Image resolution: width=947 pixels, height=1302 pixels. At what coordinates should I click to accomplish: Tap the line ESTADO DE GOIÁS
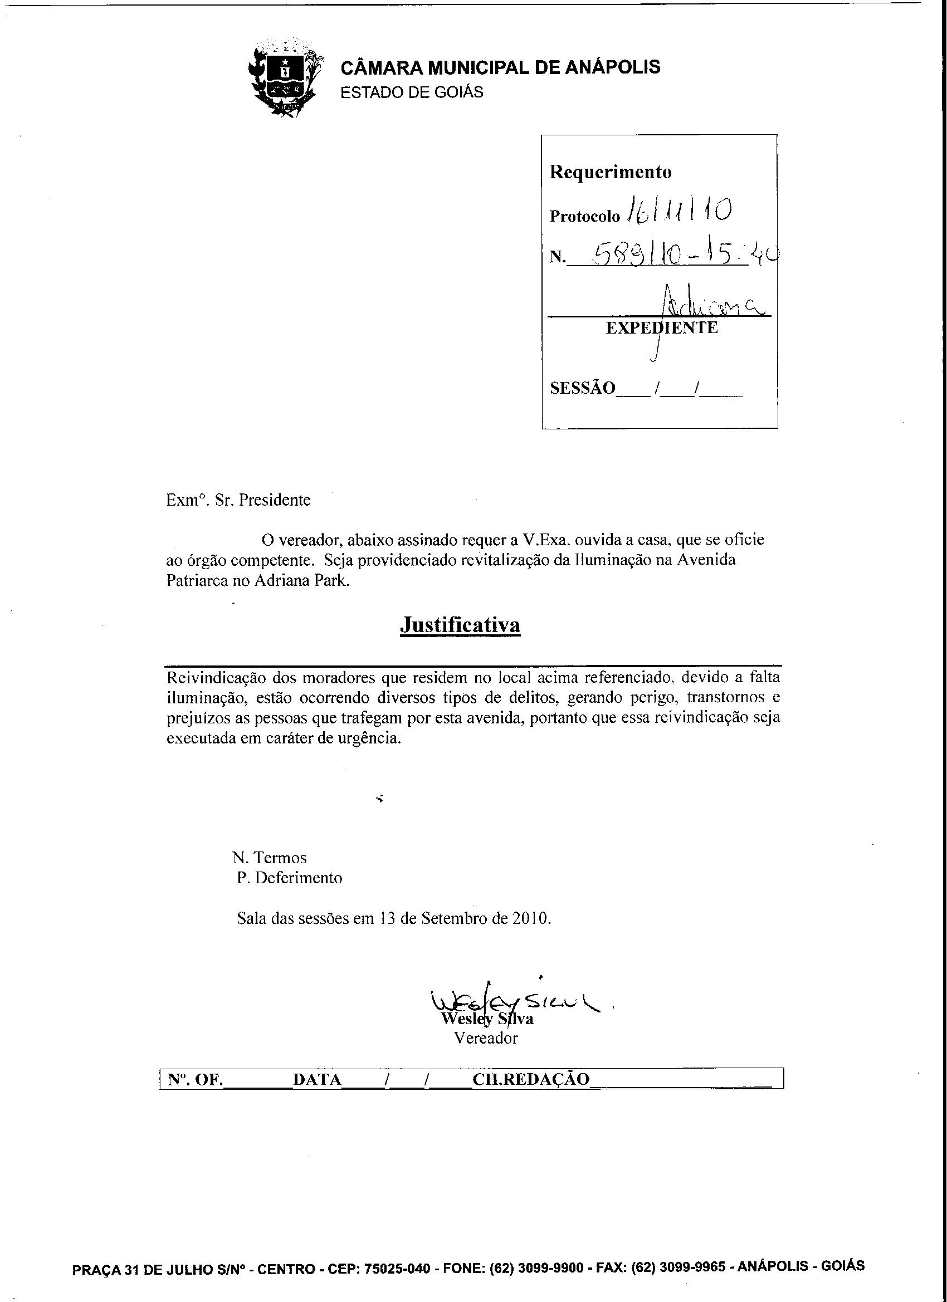pyautogui.click(x=412, y=92)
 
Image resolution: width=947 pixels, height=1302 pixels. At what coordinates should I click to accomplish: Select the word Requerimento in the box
pyautogui.click(x=611, y=172)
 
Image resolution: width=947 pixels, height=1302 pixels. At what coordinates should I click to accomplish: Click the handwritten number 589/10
pyautogui.click(x=637, y=253)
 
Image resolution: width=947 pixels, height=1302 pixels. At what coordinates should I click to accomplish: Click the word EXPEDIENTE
pyautogui.click(x=662, y=328)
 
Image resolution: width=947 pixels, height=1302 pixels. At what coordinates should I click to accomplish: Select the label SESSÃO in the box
pyautogui.click(x=582, y=388)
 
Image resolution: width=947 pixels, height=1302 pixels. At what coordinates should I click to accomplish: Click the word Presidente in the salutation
pyautogui.click(x=275, y=500)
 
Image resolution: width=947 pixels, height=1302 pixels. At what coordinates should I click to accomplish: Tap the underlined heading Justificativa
pyautogui.click(x=460, y=625)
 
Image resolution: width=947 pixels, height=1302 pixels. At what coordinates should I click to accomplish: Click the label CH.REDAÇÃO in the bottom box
pyautogui.click(x=531, y=1079)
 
